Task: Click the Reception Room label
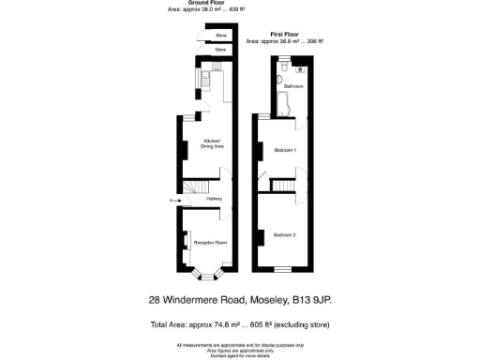(210, 242)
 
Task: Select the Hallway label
(214, 200)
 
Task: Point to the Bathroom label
(293, 85)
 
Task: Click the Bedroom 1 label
(285, 150)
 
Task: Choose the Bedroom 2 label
(285, 233)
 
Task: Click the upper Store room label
(221, 36)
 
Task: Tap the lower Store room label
(221, 49)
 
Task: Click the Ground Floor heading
(204, 3)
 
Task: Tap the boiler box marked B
(300, 68)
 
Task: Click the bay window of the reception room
(208, 276)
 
